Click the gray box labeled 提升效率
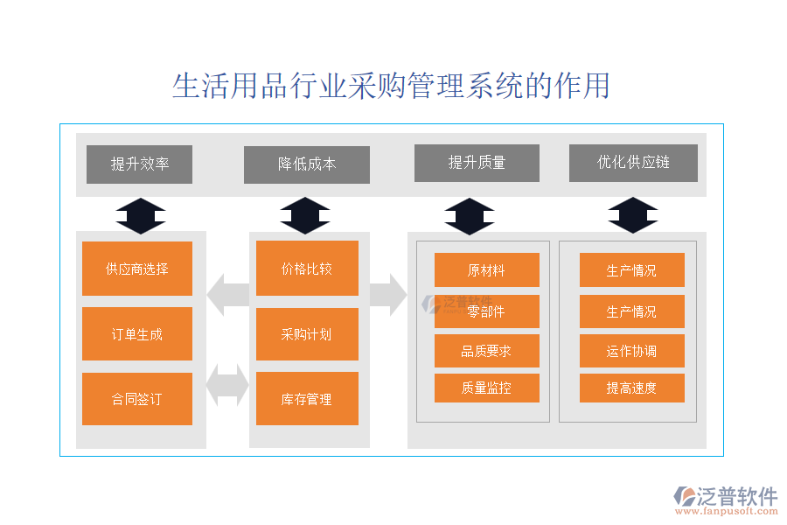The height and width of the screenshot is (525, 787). pos(139,164)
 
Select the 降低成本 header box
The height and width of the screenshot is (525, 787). pos(306,164)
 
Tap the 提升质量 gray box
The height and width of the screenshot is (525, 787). pos(477,163)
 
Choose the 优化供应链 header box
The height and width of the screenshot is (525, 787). pos(633,163)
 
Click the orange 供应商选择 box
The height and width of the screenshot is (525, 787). pos(136,269)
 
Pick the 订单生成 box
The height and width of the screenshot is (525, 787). pos(136,333)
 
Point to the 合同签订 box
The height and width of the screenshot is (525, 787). pos(136,399)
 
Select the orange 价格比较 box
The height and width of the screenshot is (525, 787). pos(307,268)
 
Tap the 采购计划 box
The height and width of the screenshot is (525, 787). pos(307,333)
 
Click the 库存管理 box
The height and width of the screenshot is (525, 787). pos(307,399)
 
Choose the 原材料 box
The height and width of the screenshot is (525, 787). pos(486,269)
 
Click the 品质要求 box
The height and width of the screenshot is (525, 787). pos(486,351)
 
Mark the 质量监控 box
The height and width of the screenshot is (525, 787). pos(486,388)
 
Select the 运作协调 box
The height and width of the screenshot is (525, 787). pos(631,351)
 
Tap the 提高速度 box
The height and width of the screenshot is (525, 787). pos(631,388)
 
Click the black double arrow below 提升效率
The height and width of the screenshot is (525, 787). pos(141,215)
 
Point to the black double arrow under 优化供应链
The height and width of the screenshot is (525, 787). pos(633,215)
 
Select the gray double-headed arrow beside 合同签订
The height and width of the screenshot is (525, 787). pos(227,385)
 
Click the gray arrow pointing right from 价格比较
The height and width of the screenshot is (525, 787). pos(387,294)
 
